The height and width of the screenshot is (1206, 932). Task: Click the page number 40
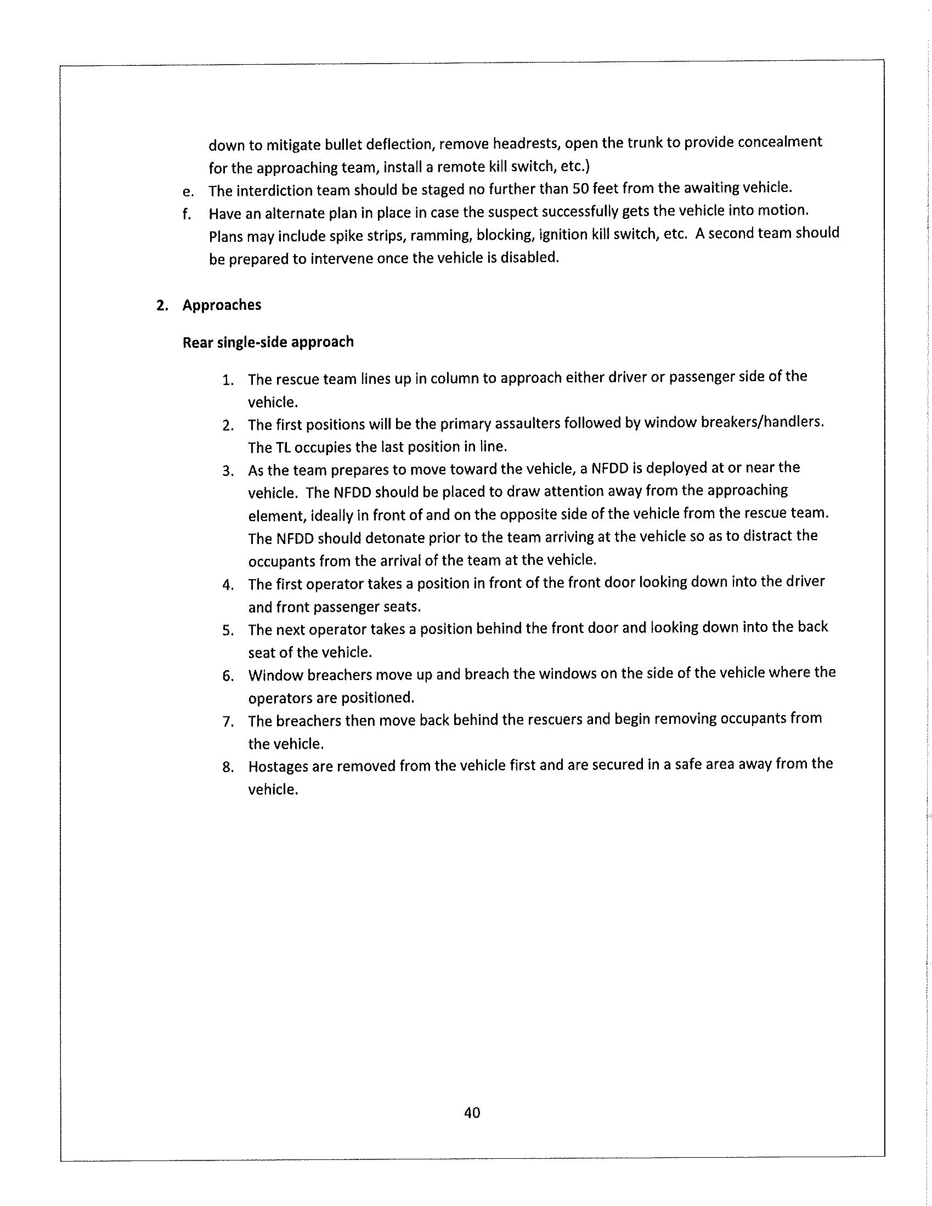(x=472, y=1112)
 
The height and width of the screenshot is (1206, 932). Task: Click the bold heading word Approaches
(x=222, y=305)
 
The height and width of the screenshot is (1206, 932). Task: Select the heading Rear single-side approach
(x=268, y=342)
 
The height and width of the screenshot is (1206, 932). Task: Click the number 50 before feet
(x=580, y=188)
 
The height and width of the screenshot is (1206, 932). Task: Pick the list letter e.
(x=188, y=191)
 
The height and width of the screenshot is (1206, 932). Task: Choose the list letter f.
(x=187, y=214)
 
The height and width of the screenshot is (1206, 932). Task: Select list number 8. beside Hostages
(x=228, y=767)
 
